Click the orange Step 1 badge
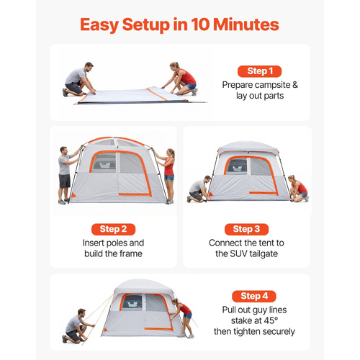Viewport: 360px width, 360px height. coord(259,71)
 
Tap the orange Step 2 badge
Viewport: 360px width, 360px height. coord(113,229)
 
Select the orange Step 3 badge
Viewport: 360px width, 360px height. coord(246,229)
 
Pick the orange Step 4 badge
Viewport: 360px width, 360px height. coord(254,296)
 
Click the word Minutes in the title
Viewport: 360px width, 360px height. coord(246,24)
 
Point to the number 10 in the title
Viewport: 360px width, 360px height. coord(200,24)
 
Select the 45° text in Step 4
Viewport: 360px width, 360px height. coord(271,320)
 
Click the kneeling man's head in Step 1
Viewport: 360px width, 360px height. coord(89,66)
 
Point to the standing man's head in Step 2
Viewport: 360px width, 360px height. coord(64,150)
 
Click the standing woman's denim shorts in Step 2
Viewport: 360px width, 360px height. coord(169,178)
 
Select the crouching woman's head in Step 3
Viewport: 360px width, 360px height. coord(292,179)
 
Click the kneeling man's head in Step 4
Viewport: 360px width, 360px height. coord(81,313)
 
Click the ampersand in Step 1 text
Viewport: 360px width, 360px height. coord(295,85)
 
